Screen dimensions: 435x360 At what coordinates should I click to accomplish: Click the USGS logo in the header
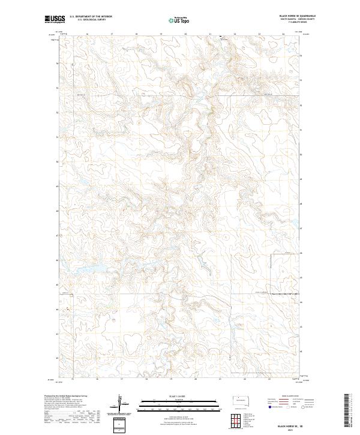(x=55, y=19)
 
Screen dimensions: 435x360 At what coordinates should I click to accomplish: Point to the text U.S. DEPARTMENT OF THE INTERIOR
(x=91, y=17)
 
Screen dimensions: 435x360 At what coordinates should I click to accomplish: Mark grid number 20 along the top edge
(x=185, y=34)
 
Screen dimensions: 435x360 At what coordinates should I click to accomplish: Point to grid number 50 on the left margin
(x=58, y=162)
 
